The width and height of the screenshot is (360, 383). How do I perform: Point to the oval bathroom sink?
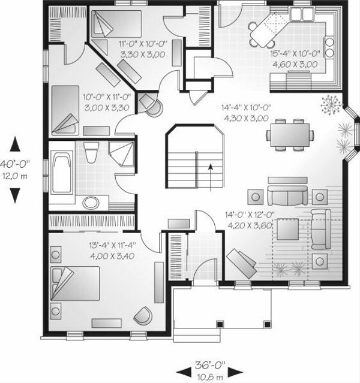click(x=91, y=200)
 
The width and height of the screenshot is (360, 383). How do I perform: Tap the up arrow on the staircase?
click(x=210, y=170)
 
